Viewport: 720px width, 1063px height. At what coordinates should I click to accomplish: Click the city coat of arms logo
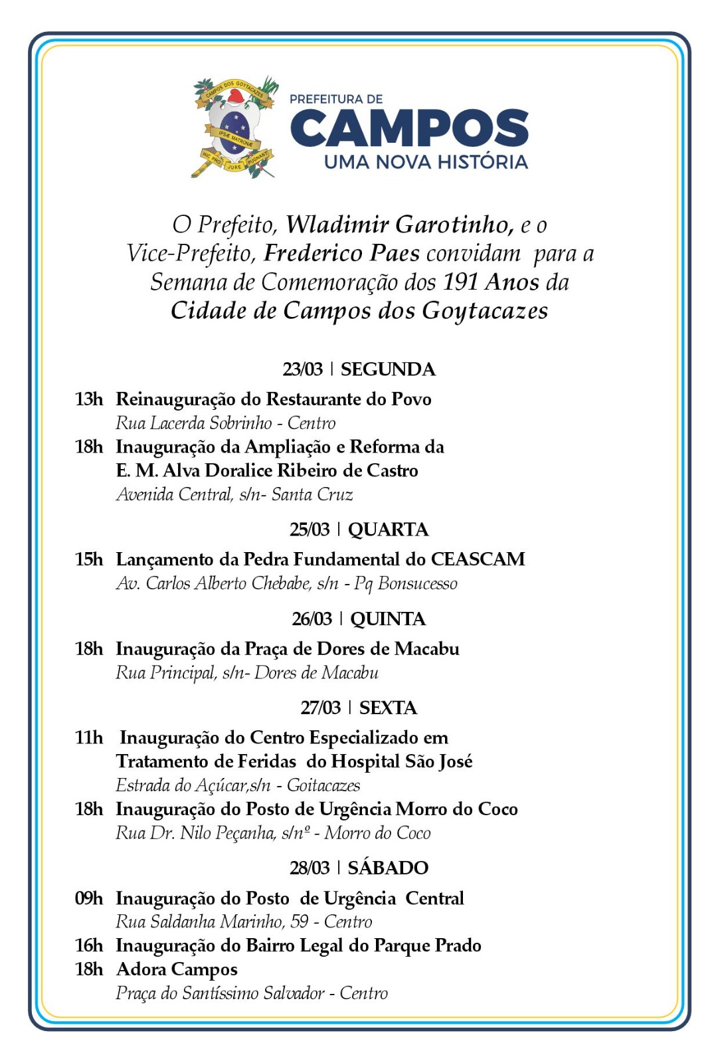click(x=234, y=127)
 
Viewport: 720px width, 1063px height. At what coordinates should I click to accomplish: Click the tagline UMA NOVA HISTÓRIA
click(x=426, y=162)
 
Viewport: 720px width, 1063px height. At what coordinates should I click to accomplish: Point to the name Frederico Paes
click(x=341, y=253)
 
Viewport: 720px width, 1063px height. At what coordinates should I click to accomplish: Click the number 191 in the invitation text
click(x=461, y=282)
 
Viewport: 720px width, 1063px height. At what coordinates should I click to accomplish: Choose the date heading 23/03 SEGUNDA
click(x=359, y=369)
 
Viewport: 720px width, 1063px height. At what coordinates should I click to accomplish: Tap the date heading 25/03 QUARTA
click(x=359, y=530)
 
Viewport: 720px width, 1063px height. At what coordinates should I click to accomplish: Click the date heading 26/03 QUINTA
click(x=359, y=619)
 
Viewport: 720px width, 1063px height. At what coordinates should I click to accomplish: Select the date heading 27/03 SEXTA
click(x=359, y=708)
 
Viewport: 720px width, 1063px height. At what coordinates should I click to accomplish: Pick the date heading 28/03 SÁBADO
click(x=359, y=868)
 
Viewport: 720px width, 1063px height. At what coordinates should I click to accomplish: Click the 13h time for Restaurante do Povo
click(x=89, y=399)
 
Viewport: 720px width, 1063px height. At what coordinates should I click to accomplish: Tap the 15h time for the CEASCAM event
click(x=89, y=559)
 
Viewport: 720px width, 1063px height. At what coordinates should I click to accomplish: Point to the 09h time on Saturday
click(x=89, y=898)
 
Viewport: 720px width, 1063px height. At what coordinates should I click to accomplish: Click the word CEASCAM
click(x=478, y=559)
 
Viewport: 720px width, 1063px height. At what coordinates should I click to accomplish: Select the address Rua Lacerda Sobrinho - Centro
click(x=225, y=423)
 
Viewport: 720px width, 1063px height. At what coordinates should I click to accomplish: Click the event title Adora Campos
click(x=177, y=969)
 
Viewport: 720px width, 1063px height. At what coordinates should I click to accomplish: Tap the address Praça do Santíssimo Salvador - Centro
click(x=252, y=993)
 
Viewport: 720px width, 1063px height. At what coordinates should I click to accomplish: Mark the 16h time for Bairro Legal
click(x=89, y=945)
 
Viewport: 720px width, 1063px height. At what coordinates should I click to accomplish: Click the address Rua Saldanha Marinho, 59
click(x=212, y=922)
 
